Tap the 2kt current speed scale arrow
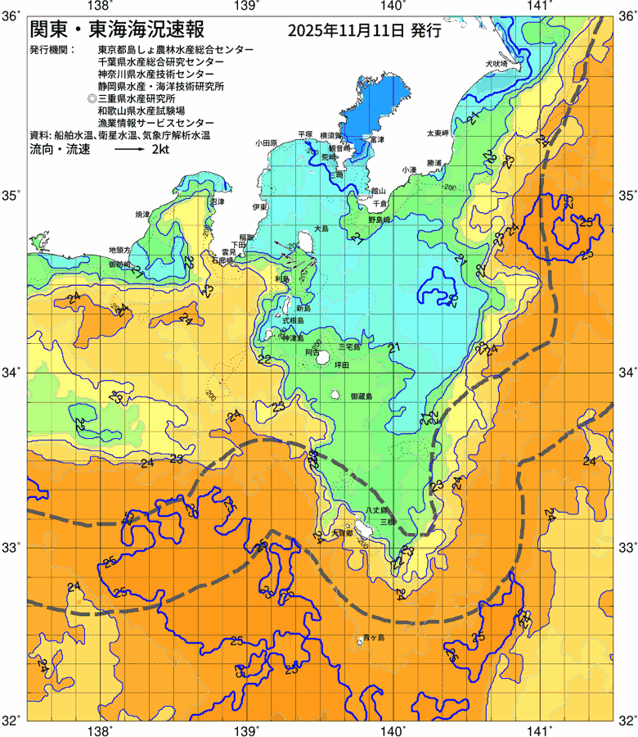click(128, 151)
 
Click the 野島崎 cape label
click(380, 219)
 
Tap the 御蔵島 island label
click(361, 396)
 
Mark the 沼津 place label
click(217, 201)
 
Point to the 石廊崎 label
click(222, 260)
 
